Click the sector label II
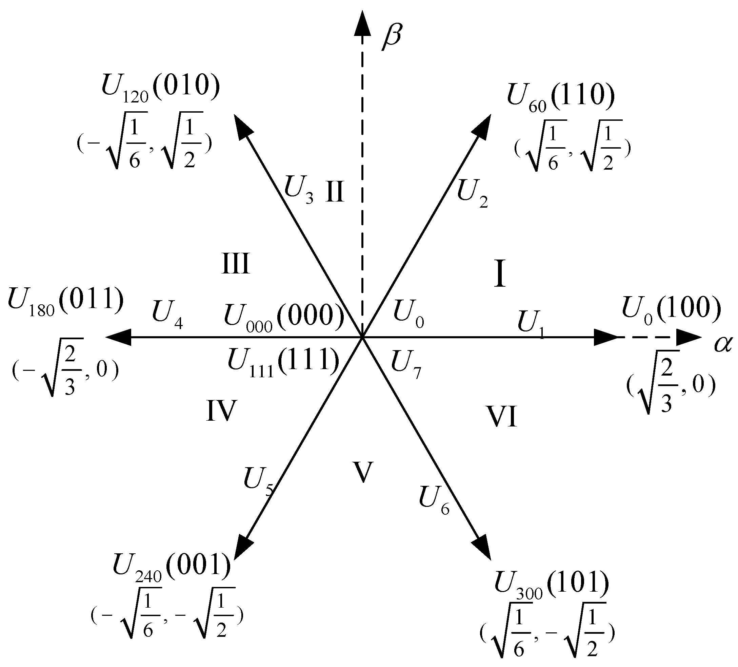335,192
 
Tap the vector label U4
167,313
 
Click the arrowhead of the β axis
363,24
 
